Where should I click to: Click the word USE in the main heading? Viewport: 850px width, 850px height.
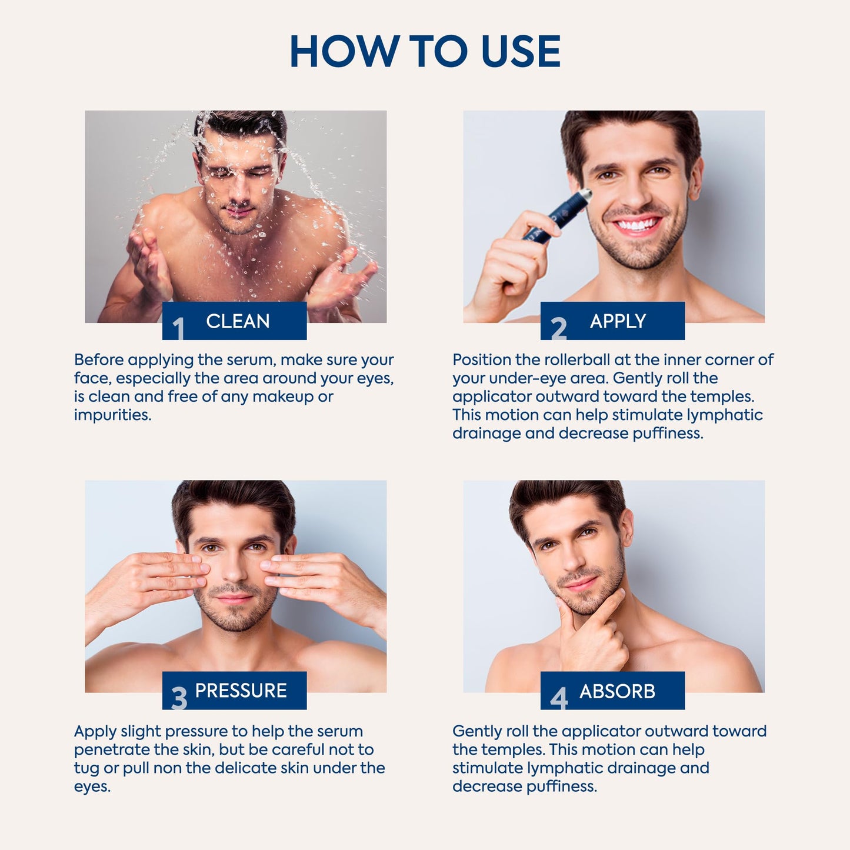pyautogui.click(x=521, y=52)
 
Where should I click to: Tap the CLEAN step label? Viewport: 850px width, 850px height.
pyautogui.click(x=238, y=321)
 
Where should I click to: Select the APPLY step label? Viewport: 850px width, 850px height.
pyautogui.click(x=618, y=321)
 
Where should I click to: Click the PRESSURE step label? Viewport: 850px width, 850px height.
pyautogui.click(x=241, y=691)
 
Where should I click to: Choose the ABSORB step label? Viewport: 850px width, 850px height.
pyautogui.click(x=617, y=691)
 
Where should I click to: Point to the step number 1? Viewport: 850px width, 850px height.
pyautogui.click(x=178, y=328)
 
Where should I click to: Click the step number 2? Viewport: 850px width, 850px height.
pyautogui.click(x=558, y=328)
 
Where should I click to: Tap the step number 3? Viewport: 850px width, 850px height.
pyautogui.click(x=179, y=698)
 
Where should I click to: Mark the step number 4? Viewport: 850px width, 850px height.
pyautogui.click(x=558, y=698)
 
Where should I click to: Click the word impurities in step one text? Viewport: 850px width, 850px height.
pyautogui.click(x=112, y=415)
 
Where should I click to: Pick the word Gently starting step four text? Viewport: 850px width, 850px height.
pyautogui.click(x=476, y=731)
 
